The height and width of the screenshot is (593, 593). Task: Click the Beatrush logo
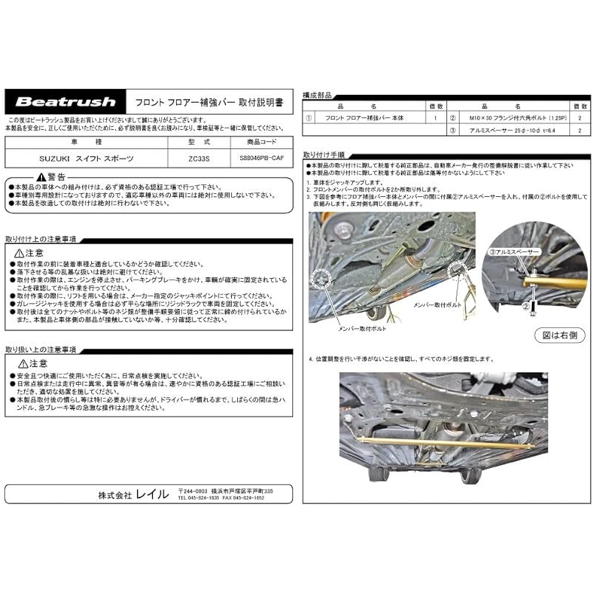[65, 101]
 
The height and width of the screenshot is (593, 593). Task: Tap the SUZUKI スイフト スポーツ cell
[87, 158]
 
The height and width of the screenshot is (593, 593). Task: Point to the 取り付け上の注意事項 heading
[40, 239]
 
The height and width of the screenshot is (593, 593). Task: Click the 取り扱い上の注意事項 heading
[40, 349]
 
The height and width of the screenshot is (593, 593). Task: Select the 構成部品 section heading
[317, 95]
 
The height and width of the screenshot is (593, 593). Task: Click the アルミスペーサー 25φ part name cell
[509, 131]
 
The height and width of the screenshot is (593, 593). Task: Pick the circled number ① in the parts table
[308, 118]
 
